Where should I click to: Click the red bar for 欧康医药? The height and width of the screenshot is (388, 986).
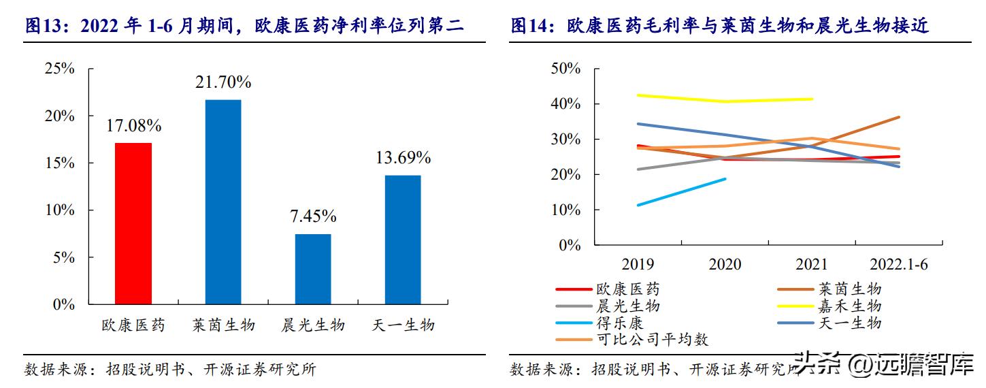133,223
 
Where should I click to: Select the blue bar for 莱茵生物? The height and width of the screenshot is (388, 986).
223,201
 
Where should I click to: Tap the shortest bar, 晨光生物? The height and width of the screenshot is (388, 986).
312,269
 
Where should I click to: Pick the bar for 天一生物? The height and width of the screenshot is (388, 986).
403,240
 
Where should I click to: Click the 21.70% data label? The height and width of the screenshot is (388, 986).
223,82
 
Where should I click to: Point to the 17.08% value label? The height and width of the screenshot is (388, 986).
133,126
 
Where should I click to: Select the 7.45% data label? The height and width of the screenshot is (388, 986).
312,216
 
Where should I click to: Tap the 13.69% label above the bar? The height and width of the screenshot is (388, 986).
403,158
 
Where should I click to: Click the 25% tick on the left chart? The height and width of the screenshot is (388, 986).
59,69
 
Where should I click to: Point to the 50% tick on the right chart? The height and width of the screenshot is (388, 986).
564,69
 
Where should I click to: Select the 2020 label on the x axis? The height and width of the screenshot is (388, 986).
725,264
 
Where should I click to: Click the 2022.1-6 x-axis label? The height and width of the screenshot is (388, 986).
899,264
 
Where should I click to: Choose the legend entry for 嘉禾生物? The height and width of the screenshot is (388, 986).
849,306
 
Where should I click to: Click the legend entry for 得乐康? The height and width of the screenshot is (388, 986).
619,323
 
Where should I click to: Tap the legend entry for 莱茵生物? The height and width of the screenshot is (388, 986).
849,289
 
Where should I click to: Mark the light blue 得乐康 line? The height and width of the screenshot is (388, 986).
680,192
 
